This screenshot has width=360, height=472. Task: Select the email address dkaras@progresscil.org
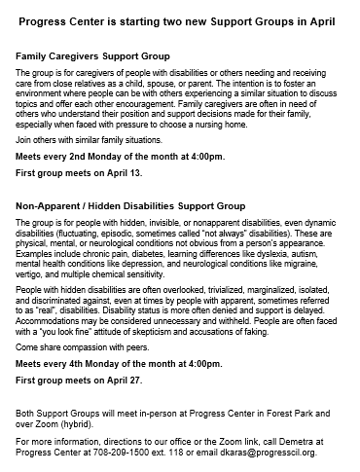click(286, 453)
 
